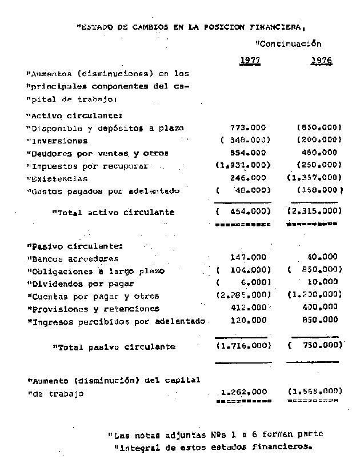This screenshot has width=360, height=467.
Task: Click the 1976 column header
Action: [321, 60]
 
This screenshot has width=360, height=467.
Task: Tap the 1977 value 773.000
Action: [247, 127]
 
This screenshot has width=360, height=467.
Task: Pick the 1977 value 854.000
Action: [247, 153]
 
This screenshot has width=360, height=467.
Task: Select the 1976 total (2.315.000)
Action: [314, 211]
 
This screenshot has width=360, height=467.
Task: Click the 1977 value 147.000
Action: [247, 257]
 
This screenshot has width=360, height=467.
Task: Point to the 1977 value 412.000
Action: [247, 308]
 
